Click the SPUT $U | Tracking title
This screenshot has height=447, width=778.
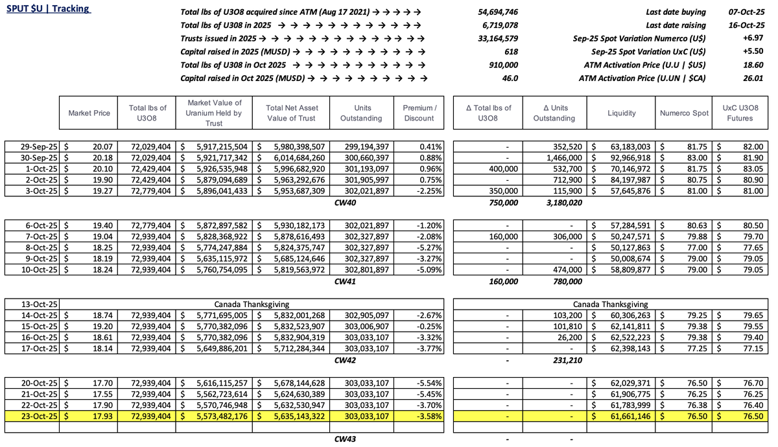click(49, 10)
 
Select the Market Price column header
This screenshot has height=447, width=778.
click(89, 113)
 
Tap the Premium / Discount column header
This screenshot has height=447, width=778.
click(419, 113)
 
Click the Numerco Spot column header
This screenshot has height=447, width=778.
click(683, 113)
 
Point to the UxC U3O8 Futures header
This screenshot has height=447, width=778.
click(740, 113)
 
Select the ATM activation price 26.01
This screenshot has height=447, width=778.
click(754, 78)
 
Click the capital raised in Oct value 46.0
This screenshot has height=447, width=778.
click(510, 78)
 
